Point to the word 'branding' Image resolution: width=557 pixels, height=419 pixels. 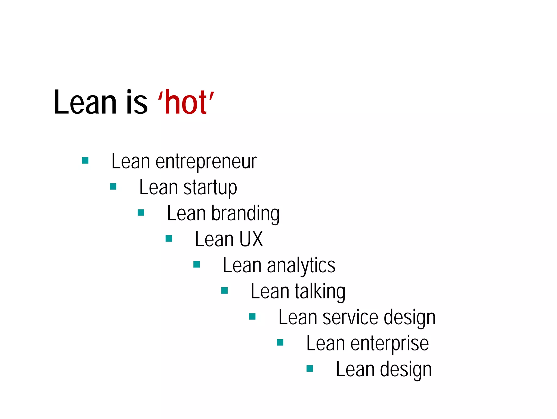coord(245,214)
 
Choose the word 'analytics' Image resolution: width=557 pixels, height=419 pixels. coord(301,266)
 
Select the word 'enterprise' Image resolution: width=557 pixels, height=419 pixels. coord(389,343)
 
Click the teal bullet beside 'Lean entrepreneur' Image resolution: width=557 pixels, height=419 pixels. coord(85,161)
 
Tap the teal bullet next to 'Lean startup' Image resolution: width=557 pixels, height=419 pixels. coord(113,186)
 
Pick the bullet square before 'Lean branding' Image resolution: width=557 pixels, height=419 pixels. coord(141,212)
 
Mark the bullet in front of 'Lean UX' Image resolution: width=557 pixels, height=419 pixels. coord(169,239)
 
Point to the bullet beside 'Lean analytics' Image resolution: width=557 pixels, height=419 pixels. coord(197,264)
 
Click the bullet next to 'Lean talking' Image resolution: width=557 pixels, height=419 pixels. coord(224,291)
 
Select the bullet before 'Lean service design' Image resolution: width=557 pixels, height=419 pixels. coord(252,316)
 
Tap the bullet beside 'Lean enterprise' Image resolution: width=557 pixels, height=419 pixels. coord(280,342)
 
